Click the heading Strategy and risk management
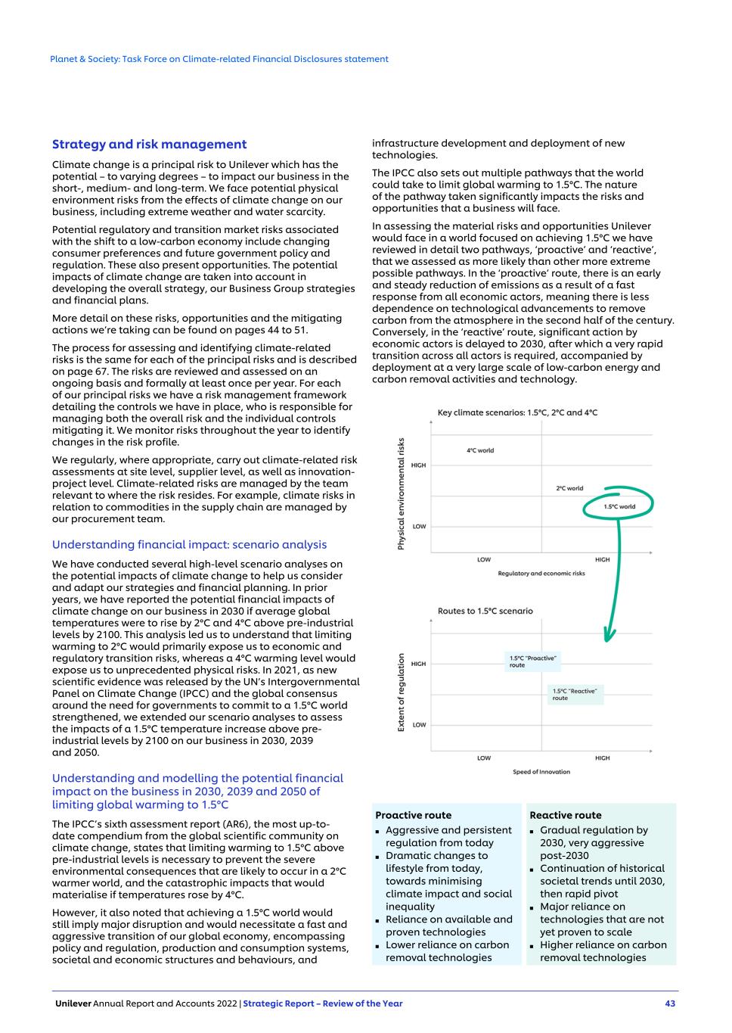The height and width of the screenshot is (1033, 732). click(149, 145)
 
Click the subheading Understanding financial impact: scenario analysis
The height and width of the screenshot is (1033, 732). click(189, 545)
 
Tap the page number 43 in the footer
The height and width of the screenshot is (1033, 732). click(670, 1003)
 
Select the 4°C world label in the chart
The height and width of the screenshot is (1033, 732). click(480, 450)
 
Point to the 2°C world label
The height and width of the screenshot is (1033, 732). click(569, 488)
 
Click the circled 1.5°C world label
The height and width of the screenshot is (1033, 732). click(619, 506)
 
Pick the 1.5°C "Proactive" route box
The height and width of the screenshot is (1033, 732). click(533, 661)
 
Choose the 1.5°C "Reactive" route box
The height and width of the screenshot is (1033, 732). click(575, 694)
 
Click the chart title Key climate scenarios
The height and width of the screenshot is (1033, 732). click(517, 412)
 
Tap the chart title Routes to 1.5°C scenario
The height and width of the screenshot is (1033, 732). click(485, 611)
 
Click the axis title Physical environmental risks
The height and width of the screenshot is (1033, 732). click(401, 493)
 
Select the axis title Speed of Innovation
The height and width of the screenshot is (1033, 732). click(541, 772)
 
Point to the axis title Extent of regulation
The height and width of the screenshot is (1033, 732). click(401, 692)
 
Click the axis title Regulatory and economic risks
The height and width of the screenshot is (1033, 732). click(541, 574)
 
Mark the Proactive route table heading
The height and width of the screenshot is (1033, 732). click(413, 815)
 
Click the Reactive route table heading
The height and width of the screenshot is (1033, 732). click(566, 815)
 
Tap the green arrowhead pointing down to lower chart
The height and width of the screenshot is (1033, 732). click(609, 634)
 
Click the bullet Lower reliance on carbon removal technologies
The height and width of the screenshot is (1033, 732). click(447, 951)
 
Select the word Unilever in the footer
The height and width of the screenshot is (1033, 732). click(73, 1003)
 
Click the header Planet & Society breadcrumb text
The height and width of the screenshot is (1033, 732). click(219, 59)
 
